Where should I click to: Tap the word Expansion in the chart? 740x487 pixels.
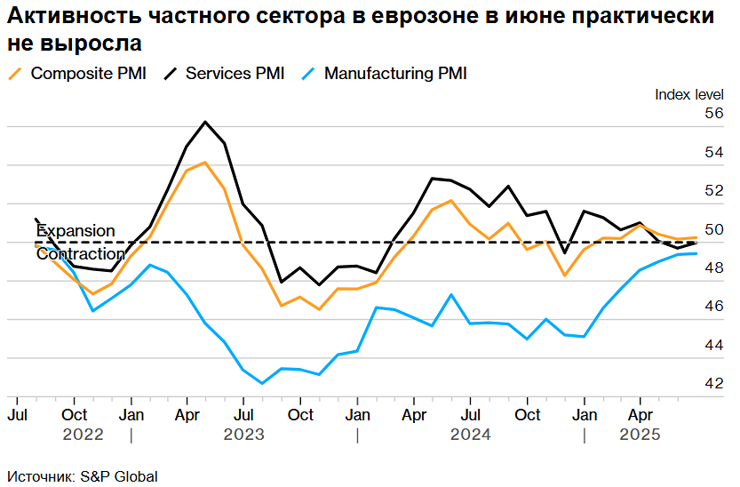click(x=76, y=231)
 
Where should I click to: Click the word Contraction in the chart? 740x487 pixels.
click(x=81, y=254)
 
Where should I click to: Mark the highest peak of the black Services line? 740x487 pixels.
click(x=205, y=122)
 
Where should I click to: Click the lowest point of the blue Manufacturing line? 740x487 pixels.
click(x=262, y=384)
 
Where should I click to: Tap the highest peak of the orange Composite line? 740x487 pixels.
click(x=205, y=163)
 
